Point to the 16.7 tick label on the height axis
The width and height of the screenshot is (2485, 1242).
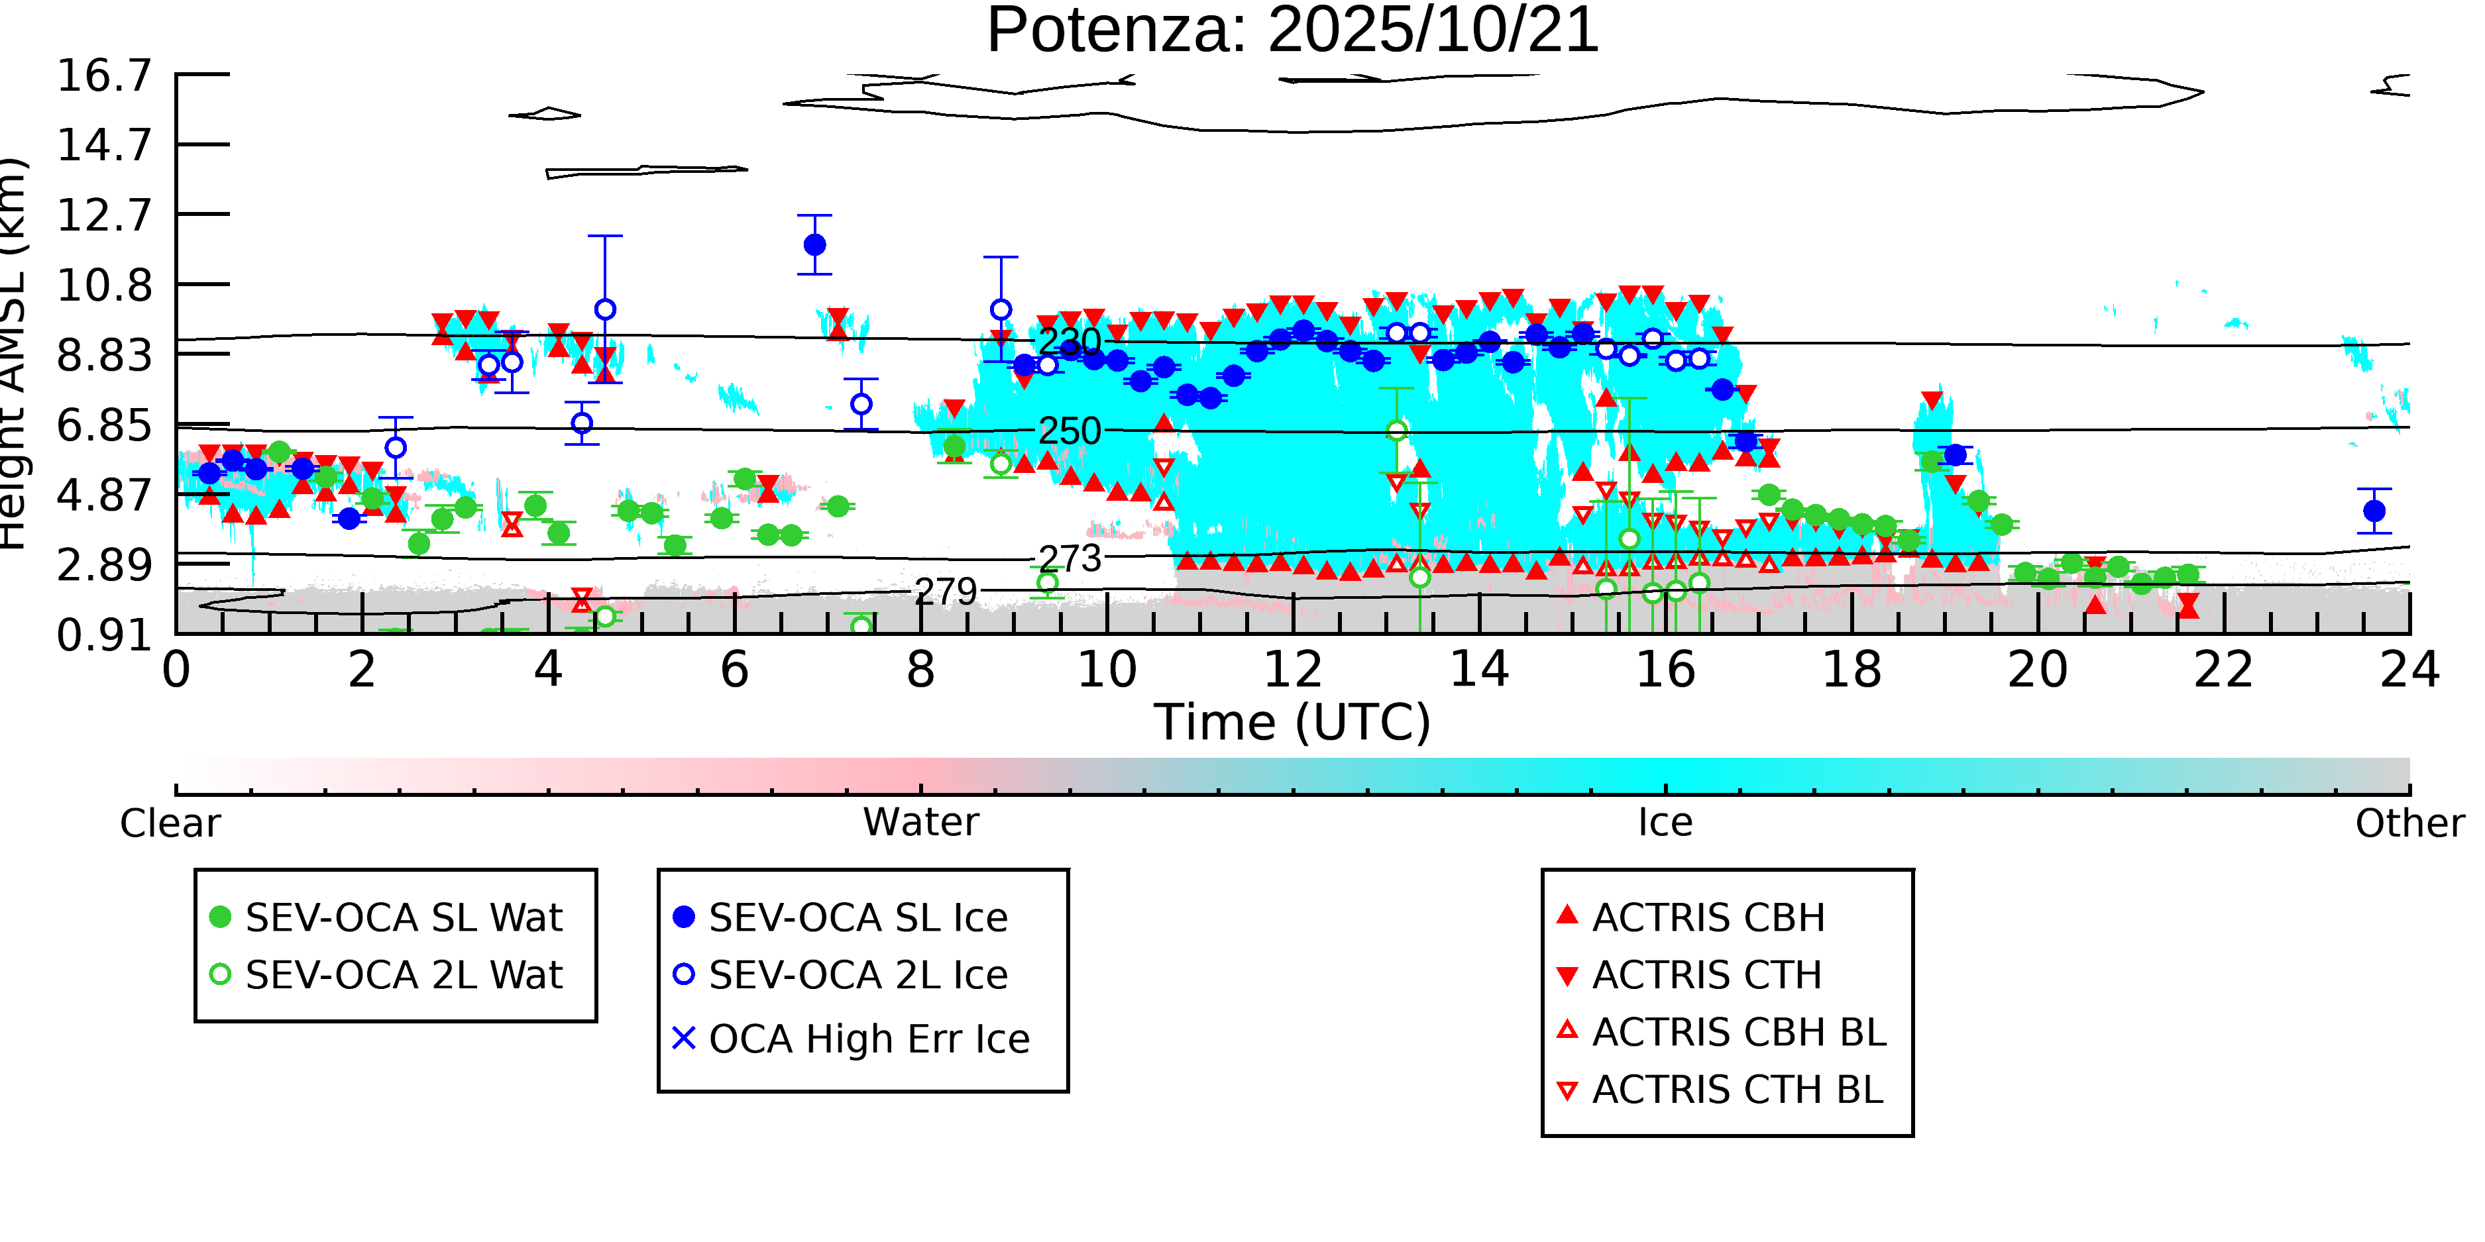coord(104,76)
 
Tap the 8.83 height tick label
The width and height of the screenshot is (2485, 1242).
coord(104,355)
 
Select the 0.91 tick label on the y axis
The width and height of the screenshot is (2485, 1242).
coord(104,635)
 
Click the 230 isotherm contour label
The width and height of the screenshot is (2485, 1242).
coord(1069,341)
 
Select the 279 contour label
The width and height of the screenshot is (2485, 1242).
coord(946,591)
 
